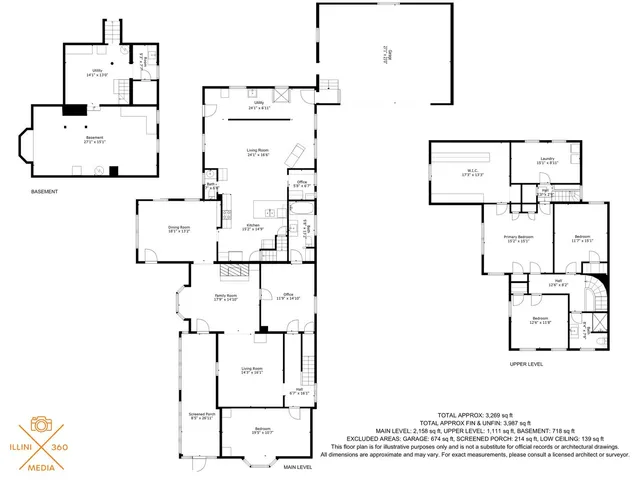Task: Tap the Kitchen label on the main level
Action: [x=253, y=225]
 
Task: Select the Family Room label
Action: [x=225, y=295]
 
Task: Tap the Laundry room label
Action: [x=546, y=158]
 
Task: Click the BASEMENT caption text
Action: [x=44, y=192]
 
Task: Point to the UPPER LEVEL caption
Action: [x=526, y=364]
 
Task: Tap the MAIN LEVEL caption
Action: [x=298, y=467]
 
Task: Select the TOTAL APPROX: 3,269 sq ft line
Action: [x=474, y=414]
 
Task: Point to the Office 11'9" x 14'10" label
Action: [x=288, y=296]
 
